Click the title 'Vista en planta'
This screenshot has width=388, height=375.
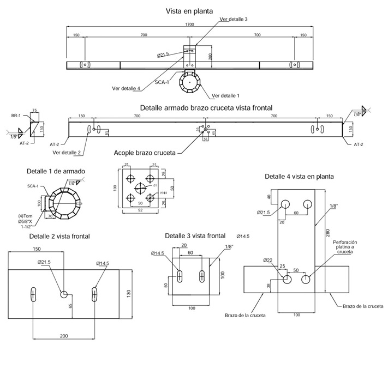pos(189,11)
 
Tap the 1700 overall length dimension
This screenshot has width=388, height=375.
pos(189,25)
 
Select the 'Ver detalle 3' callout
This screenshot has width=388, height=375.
pos(233,19)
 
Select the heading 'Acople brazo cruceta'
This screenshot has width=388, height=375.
pos(145,153)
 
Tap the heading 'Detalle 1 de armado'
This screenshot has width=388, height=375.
pos(56,171)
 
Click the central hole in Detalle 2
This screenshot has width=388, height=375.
pos(64,294)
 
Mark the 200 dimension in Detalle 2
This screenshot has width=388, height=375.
pos(63,336)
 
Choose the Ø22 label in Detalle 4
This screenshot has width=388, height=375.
pos(267,261)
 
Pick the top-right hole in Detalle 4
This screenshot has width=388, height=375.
pos(307,204)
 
